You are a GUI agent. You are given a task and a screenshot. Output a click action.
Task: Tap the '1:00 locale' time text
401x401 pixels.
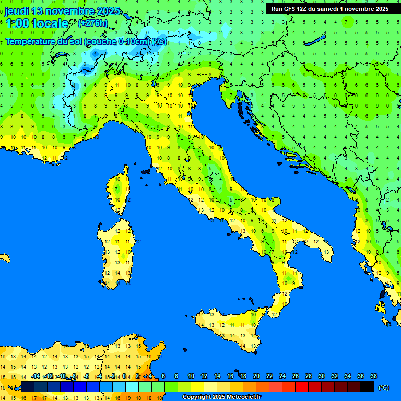[x=37, y=23]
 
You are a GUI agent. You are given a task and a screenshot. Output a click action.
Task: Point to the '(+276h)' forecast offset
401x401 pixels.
[x=92, y=23]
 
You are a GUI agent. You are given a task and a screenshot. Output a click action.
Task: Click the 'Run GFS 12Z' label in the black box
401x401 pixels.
[x=290, y=9]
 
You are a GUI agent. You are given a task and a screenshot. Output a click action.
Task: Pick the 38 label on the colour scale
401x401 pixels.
[x=373, y=376]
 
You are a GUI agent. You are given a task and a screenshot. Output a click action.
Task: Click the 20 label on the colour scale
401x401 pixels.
[x=256, y=376]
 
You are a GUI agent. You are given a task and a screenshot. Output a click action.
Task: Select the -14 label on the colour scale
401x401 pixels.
[x=36, y=376]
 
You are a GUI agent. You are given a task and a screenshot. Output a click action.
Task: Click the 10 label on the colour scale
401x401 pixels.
[x=191, y=376]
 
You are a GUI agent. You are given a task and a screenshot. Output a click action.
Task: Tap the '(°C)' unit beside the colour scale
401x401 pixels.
[x=383, y=387]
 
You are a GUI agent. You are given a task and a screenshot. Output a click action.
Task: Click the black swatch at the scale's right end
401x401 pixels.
[x=367, y=387]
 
